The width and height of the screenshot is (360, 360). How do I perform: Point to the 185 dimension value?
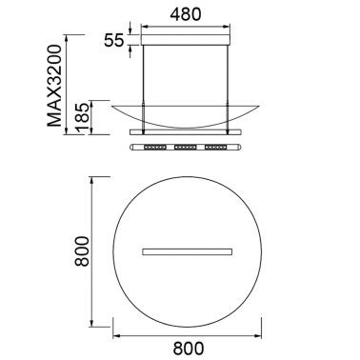point(86,116)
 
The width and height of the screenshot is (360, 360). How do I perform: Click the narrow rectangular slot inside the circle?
point(188,251)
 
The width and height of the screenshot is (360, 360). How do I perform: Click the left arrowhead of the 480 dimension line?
point(144,30)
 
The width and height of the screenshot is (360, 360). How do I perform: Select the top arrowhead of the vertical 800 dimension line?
point(92,177)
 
